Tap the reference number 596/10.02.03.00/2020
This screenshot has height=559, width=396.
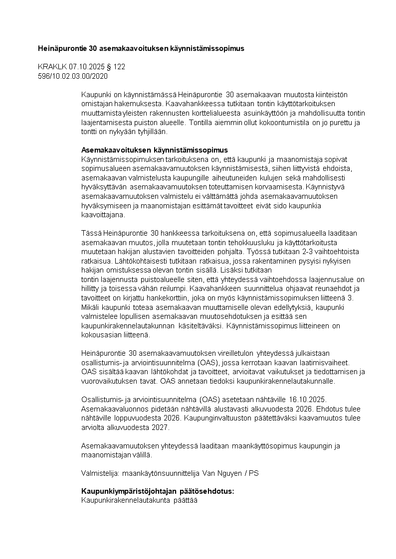pos(73,76)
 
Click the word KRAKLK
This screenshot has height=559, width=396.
pos(49,67)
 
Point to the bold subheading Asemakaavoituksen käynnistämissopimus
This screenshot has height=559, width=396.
pos(154,150)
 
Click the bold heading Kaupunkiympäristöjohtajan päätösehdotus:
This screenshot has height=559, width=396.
pos(158,491)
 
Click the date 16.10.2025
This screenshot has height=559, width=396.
pos(308,400)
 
